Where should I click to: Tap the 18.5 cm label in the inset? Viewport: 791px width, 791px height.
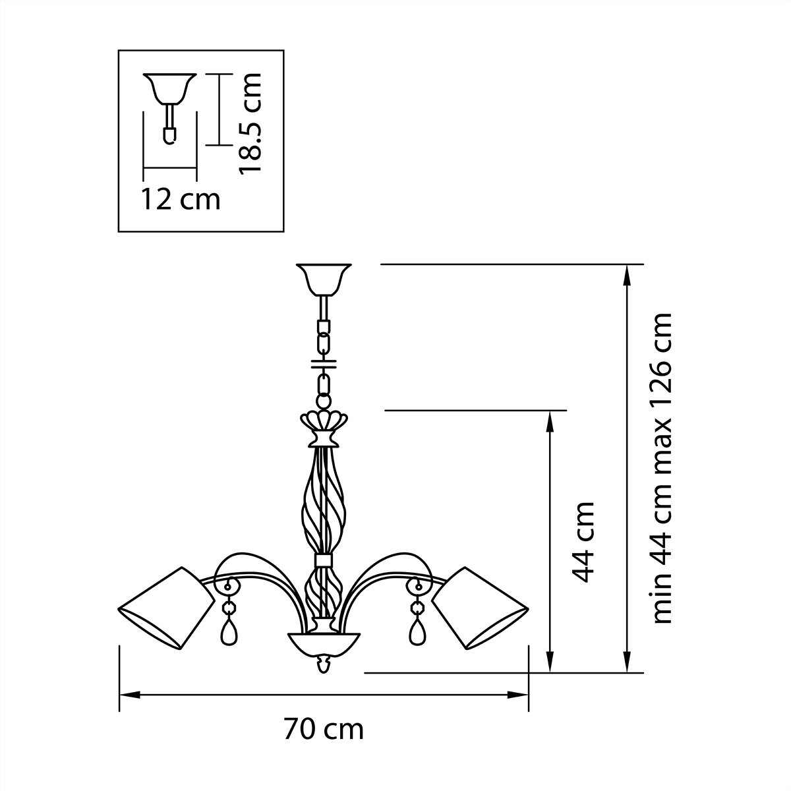[x=251, y=123]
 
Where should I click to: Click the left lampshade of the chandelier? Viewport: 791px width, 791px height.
[x=166, y=606]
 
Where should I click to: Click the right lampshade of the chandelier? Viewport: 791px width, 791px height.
[x=481, y=606]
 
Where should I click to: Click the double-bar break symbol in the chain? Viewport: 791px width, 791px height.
[x=323, y=363]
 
